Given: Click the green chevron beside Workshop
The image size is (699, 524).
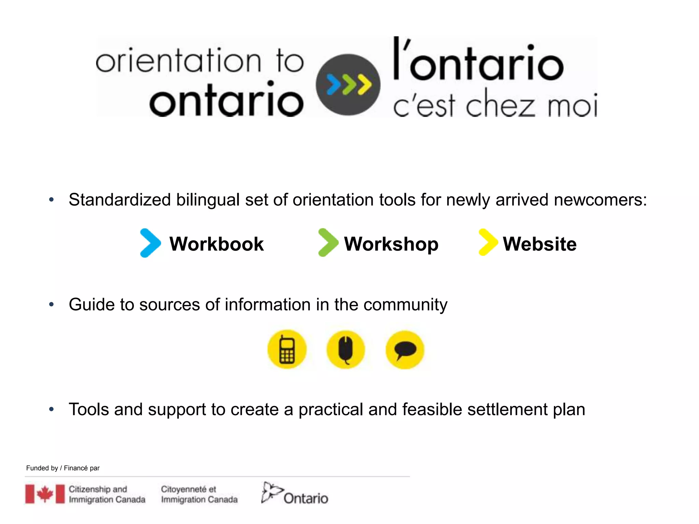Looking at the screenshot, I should click(328, 243).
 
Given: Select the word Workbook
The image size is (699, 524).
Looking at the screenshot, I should click(216, 244).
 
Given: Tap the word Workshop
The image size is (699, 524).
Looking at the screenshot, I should click(391, 244).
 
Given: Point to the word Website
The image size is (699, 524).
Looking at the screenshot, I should click(540, 244).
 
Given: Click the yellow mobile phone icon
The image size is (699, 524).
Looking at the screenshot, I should click(287, 350).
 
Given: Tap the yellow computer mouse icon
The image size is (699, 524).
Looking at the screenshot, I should click(346, 350).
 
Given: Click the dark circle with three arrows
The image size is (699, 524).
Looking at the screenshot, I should click(348, 85).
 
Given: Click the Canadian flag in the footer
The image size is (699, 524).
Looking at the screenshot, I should click(45, 494).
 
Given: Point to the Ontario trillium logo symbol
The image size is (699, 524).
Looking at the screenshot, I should click(271, 492).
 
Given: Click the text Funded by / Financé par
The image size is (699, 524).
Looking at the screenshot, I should click(63, 468).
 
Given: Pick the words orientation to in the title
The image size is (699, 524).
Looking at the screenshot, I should click(200, 61).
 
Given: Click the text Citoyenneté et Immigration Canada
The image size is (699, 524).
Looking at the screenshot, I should click(199, 494).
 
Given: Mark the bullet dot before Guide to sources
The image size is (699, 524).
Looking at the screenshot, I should click(51, 304).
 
